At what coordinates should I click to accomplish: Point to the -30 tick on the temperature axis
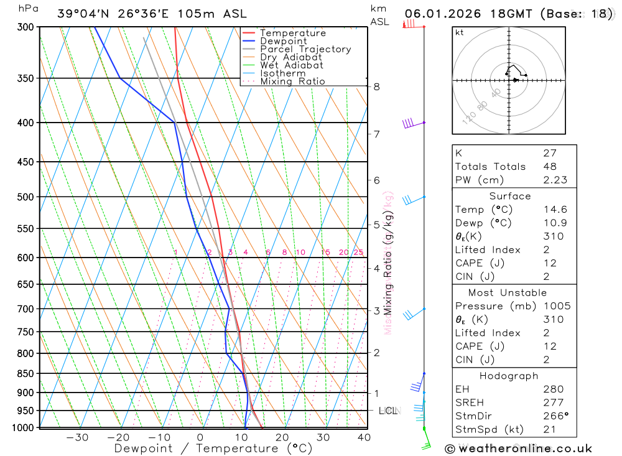[x=77, y=437]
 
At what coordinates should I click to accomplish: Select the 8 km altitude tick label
[x=376, y=86]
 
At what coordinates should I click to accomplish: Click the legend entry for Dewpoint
[x=283, y=41]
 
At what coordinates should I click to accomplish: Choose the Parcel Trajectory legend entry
[x=305, y=49]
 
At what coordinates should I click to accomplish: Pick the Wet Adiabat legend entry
[x=292, y=65]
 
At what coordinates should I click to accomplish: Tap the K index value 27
[x=550, y=153]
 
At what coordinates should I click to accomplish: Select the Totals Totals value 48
[x=550, y=167]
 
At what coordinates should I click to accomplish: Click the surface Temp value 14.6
[x=554, y=210]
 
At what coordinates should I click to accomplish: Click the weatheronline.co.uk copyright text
[x=519, y=449]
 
